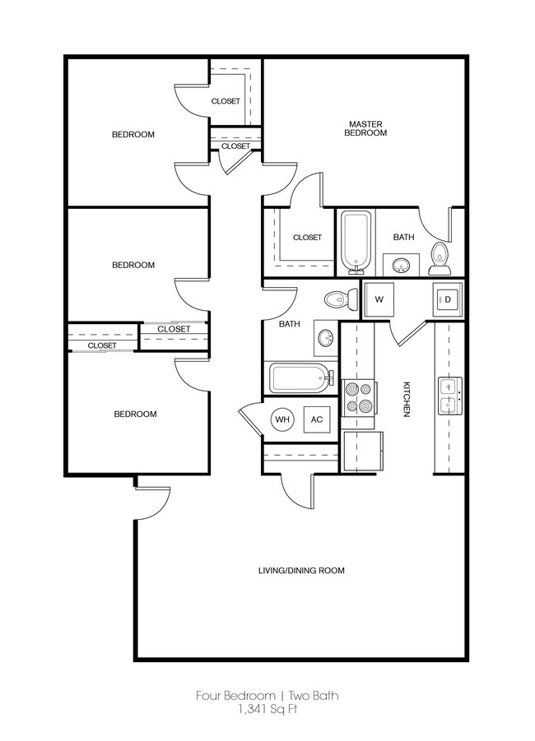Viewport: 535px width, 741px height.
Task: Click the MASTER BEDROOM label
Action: [365, 128]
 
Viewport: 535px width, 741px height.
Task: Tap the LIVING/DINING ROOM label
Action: [301, 570]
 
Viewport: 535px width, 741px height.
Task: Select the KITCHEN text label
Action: [406, 400]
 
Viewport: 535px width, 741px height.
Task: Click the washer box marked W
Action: [379, 300]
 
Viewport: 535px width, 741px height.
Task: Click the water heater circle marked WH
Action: [283, 419]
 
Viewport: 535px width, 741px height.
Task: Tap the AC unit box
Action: [317, 419]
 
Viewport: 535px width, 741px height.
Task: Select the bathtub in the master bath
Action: [356, 242]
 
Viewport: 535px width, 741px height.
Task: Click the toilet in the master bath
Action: [440, 258]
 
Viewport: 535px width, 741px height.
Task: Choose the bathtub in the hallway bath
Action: [299, 379]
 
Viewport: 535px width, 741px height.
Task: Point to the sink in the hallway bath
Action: [325, 337]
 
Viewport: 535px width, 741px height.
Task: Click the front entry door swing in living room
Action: [151, 504]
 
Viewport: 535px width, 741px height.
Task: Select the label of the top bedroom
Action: [133, 135]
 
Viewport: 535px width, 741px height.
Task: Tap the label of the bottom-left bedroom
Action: [135, 414]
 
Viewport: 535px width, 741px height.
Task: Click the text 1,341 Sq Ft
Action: [267, 710]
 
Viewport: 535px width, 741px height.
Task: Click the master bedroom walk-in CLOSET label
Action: [307, 237]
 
